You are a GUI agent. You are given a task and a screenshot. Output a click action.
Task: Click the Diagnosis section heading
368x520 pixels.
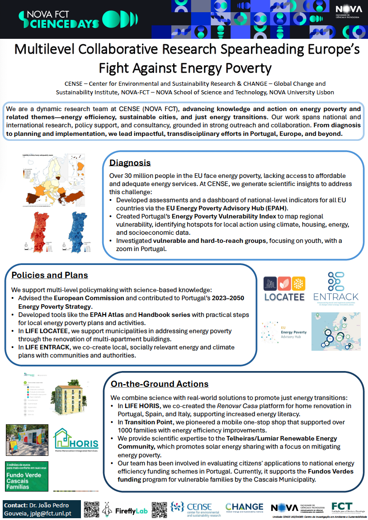coord(130,163)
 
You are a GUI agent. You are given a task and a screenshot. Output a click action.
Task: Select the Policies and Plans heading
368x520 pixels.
coord(50,275)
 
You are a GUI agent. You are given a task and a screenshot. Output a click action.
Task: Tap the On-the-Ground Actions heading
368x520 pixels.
coord(160,384)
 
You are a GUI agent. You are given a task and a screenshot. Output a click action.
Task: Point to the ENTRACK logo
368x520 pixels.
coord(336,288)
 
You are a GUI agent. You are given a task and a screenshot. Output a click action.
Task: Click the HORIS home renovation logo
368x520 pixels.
coord(76,440)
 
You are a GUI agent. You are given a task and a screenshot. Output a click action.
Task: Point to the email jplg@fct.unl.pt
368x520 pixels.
coord(55,513)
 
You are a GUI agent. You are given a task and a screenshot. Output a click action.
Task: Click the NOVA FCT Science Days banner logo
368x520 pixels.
coord(72,19)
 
